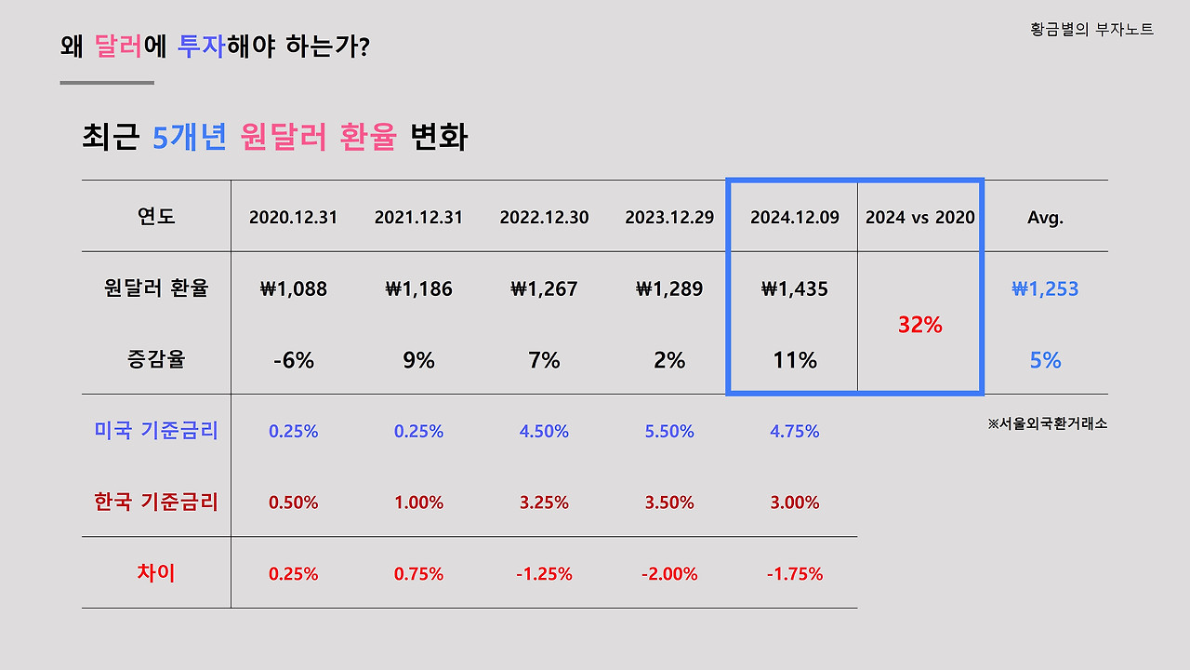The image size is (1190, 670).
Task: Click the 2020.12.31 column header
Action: [293, 218]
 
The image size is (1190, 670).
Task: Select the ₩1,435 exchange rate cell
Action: [794, 288]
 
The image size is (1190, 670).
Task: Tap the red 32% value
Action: [919, 325]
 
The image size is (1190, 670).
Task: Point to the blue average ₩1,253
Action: [1045, 288]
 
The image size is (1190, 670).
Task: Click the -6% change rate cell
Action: [293, 360]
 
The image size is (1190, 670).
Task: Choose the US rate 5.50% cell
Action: [669, 432]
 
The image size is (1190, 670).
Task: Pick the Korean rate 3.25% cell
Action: [544, 502]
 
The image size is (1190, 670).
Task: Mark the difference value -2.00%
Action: [669, 574]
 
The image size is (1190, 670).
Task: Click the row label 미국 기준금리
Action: [156, 431]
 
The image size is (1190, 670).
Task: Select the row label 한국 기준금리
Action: [156, 502]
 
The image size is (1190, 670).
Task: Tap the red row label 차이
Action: [156, 572]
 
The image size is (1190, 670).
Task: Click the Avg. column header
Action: [1045, 218]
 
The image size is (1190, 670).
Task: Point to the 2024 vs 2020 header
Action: [919, 218]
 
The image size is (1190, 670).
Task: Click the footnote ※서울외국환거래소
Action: [1047, 423]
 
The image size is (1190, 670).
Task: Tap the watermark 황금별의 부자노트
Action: [1091, 30]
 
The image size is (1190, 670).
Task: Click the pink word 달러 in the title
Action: [118, 47]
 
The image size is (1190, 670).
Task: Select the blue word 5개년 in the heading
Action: [190, 138]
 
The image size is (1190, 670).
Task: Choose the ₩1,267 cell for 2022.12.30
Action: [544, 288]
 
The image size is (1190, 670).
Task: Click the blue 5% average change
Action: [1045, 360]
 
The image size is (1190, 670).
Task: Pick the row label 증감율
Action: [156, 359]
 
